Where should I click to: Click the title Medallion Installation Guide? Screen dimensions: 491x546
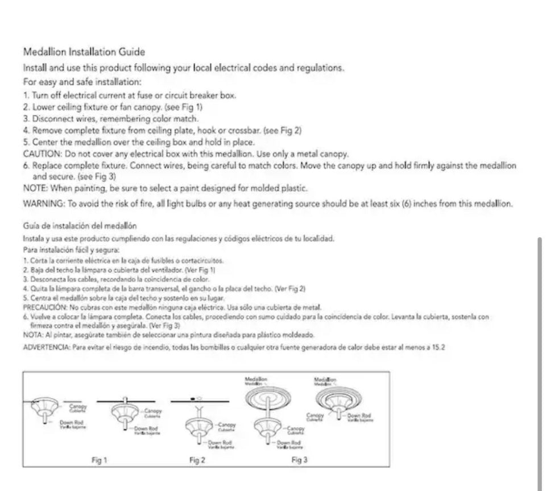pyautogui.click(x=84, y=52)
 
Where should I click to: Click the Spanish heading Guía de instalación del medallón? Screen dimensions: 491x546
pyautogui.click(x=80, y=226)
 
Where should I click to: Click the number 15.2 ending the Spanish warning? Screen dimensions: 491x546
pyautogui.click(x=438, y=346)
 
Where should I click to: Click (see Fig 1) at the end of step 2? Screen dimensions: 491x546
pyautogui.click(x=183, y=106)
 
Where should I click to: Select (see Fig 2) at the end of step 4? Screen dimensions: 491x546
pyautogui.click(x=283, y=130)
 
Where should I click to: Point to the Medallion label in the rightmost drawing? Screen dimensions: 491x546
pyautogui.click(x=325, y=379)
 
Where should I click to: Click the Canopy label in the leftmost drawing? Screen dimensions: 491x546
pyautogui.click(x=78, y=406)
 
